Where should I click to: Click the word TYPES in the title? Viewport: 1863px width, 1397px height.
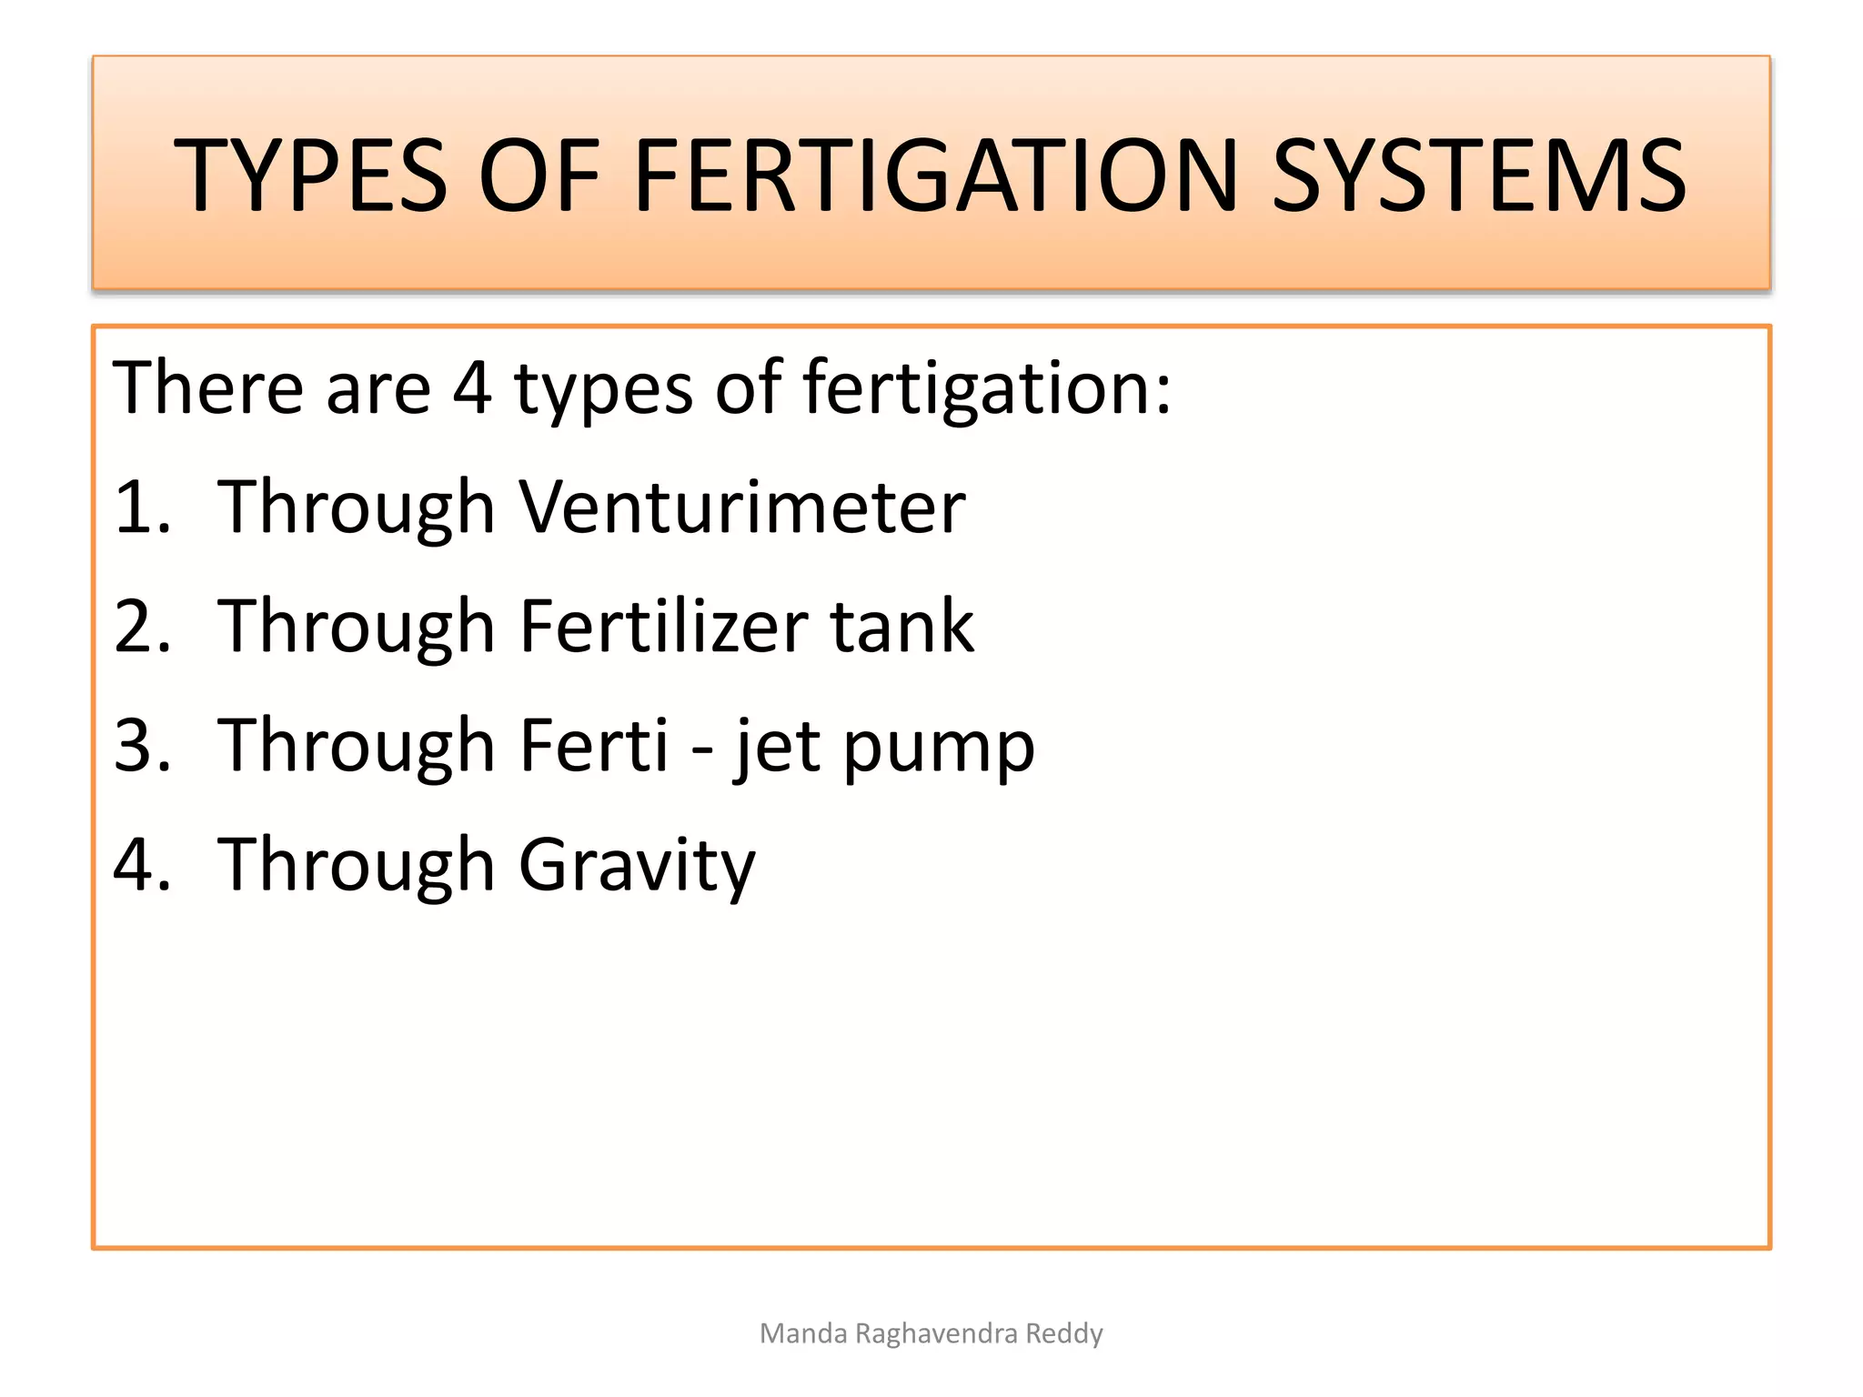tap(310, 175)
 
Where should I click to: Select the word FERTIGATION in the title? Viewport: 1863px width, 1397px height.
tap(936, 175)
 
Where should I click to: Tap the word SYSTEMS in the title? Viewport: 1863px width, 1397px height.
tap(1478, 175)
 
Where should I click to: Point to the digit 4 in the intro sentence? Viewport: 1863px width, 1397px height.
tap(472, 388)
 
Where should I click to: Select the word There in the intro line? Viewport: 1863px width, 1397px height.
tap(206, 388)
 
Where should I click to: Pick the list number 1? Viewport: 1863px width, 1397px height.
tap(141, 507)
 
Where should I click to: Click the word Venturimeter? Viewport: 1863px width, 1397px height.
tap(741, 507)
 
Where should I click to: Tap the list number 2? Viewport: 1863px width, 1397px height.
tap(142, 627)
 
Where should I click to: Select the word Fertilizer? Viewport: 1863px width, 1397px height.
tap(663, 627)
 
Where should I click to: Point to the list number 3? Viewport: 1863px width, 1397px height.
tap(142, 746)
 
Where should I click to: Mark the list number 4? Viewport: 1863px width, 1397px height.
tap(142, 865)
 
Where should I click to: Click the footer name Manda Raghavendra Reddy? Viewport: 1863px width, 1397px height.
tap(931, 1333)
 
